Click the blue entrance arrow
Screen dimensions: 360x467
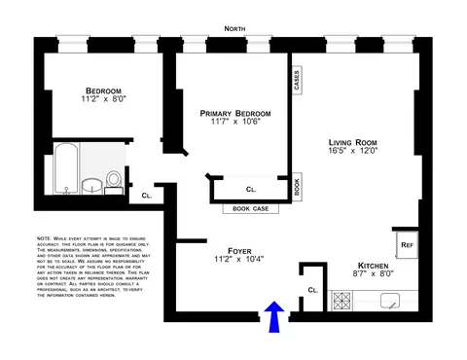pyautogui.click(x=274, y=315)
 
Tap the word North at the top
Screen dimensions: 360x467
pyautogui.click(x=233, y=30)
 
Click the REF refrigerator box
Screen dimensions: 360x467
pyautogui.click(x=406, y=245)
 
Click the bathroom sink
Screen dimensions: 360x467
pyautogui.click(x=93, y=185)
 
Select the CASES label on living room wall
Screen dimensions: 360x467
pyautogui.click(x=296, y=79)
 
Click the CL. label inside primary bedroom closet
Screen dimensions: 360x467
pyautogui.click(x=251, y=189)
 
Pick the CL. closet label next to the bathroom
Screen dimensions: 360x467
pyautogui.click(x=146, y=196)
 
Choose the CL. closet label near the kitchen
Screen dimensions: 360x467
pyautogui.click(x=312, y=290)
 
